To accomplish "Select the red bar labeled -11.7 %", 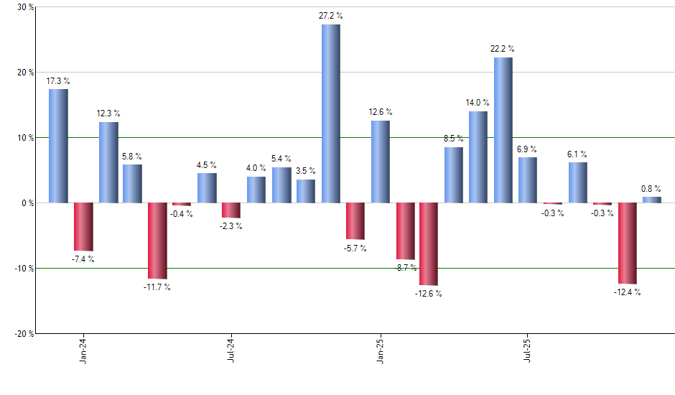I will pyautogui.click(x=158, y=241).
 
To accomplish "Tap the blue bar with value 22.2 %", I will pyautogui.click(x=503, y=130).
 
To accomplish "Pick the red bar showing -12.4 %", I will pyautogui.click(x=628, y=243).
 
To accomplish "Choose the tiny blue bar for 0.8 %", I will pyautogui.click(x=652, y=200).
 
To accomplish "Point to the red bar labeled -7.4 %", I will pyautogui.click(x=83, y=226).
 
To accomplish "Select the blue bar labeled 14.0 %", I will pyautogui.click(x=478, y=157).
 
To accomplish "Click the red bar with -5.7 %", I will pyautogui.click(x=355, y=221).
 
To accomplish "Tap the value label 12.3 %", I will pyautogui.click(x=109, y=113).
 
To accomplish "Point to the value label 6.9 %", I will pyautogui.click(x=527, y=149).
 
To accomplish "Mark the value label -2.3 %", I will pyautogui.click(x=231, y=226).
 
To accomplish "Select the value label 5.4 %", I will pyautogui.click(x=281, y=159).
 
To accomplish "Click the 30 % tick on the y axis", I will pyautogui.click(x=25, y=7).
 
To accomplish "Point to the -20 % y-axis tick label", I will pyautogui.click(x=24, y=333).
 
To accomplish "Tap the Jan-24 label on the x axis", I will pyautogui.click(x=83, y=350).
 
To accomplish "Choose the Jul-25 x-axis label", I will pyautogui.click(x=528, y=350).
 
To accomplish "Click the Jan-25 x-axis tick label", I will pyautogui.click(x=380, y=350).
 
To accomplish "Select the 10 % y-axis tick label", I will pyautogui.click(x=25, y=138).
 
